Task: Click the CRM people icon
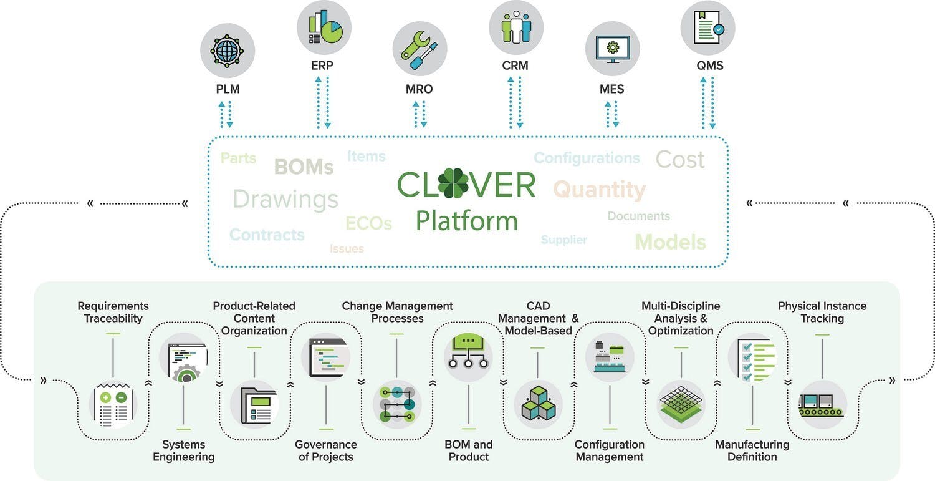pyautogui.click(x=515, y=27)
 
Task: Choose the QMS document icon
pyautogui.click(x=707, y=27)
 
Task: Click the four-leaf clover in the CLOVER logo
pyautogui.click(x=453, y=183)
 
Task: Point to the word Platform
pyautogui.click(x=466, y=221)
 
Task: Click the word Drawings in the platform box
pyautogui.click(x=285, y=199)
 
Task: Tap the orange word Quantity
pyautogui.click(x=599, y=189)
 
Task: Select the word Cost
pyautogui.click(x=680, y=160)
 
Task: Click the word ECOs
pyautogui.click(x=368, y=223)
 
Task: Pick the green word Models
pyautogui.click(x=670, y=242)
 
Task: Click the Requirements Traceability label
pyautogui.click(x=113, y=312)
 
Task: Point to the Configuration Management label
pyautogui.click(x=609, y=450)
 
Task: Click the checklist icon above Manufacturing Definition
pyautogui.click(x=753, y=358)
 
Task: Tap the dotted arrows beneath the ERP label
pyautogui.click(x=323, y=102)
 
